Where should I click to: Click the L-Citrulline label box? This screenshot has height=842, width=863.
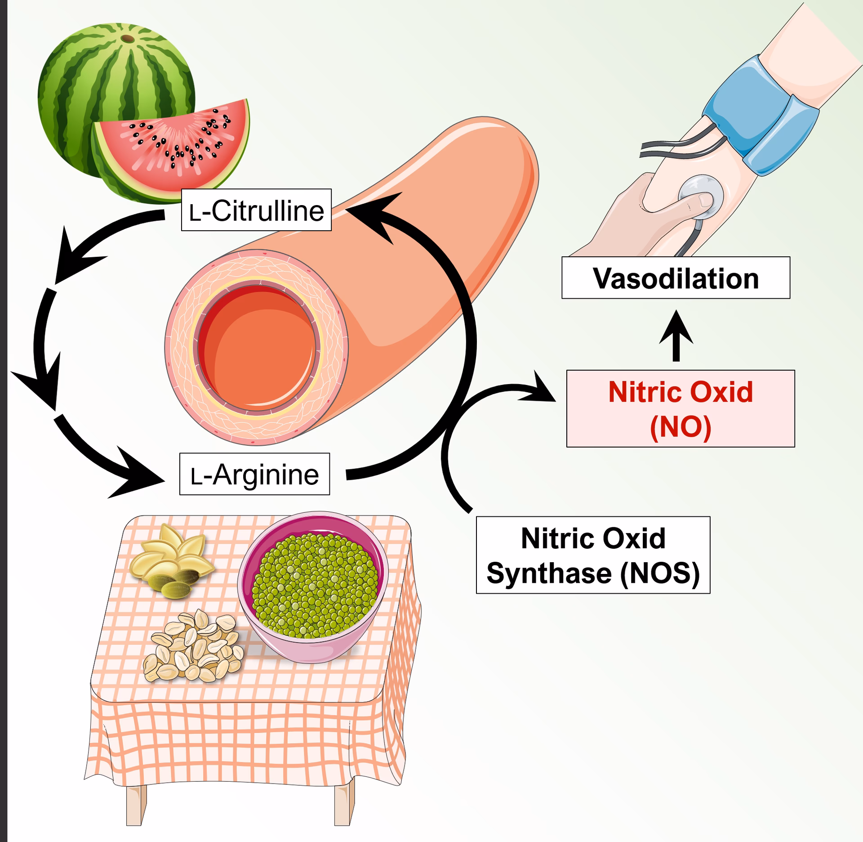click(x=256, y=210)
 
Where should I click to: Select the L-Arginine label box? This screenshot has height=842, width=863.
click(x=254, y=474)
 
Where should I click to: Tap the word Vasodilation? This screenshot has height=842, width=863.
click(x=676, y=278)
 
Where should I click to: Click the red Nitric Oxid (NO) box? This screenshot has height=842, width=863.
click(x=680, y=408)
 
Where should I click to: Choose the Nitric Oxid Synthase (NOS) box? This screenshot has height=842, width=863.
click(x=593, y=555)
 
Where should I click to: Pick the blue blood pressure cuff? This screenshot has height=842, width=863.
click(x=760, y=117)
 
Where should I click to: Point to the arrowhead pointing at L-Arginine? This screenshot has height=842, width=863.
click(x=137, y=475)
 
